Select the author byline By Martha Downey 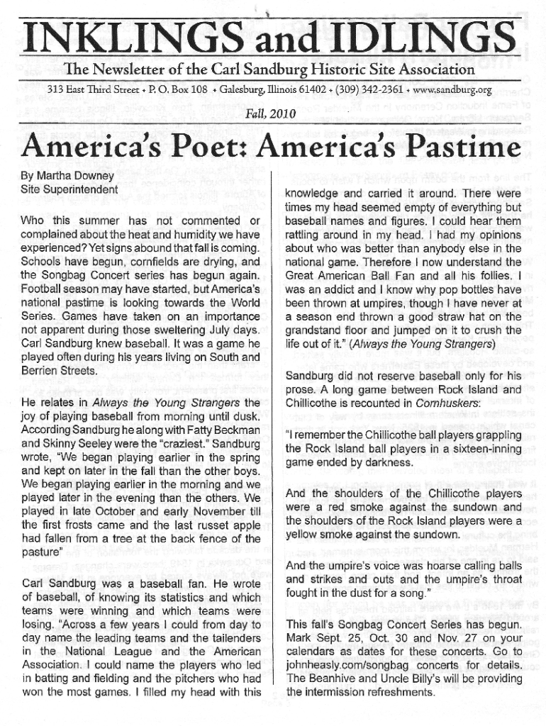coord(67,175)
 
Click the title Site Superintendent coord(69,189)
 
